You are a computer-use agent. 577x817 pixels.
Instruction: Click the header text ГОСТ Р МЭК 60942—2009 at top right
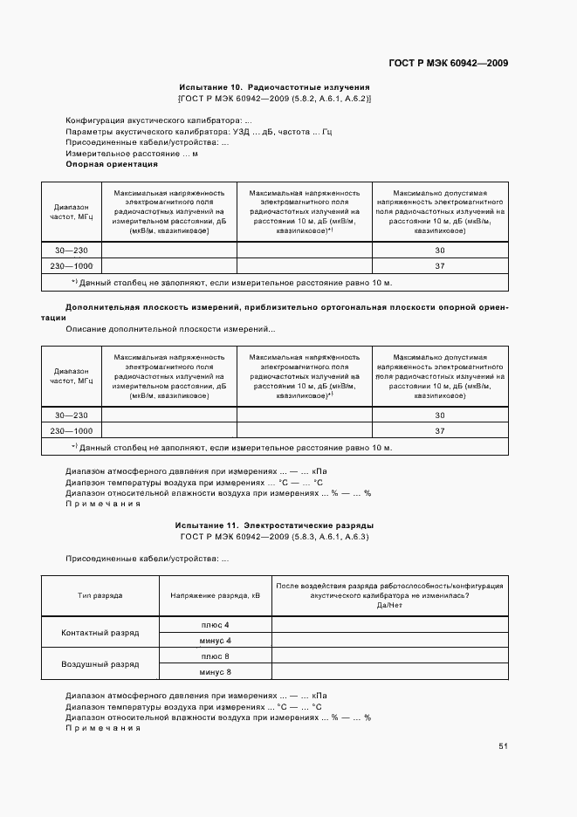coord(448,63)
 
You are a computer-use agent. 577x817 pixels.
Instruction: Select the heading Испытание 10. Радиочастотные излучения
coord(274,87)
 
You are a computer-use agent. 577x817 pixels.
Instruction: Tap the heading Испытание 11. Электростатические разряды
coord(274,525)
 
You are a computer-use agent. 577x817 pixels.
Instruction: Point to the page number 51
coord(503,745)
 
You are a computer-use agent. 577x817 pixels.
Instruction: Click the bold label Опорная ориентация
coord(112,164)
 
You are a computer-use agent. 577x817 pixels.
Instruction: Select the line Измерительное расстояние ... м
coord(132,154)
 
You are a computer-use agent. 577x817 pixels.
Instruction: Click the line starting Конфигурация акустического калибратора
coord(159,120)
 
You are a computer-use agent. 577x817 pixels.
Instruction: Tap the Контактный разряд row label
coord(100,633)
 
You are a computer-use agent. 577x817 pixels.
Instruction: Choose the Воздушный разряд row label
coord(100,664)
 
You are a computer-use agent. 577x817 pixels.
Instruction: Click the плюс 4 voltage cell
coord(215,625)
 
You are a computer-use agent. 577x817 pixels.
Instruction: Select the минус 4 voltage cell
coord(215,641)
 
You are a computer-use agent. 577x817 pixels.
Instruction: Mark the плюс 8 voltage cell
coord(215,656)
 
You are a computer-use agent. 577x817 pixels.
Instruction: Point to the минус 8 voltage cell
coord(215,672)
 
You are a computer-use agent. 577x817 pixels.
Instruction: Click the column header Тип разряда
coord(100,595)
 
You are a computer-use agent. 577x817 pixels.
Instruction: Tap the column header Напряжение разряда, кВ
coord(215,595)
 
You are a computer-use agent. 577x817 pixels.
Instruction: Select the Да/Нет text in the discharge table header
coord(388,605)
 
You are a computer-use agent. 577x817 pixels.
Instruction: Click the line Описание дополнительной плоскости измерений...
coord(170,329)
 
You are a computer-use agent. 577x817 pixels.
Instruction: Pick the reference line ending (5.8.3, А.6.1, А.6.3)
coord(274,537)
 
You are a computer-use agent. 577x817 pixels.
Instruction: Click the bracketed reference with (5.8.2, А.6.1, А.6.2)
coord(274,99)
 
